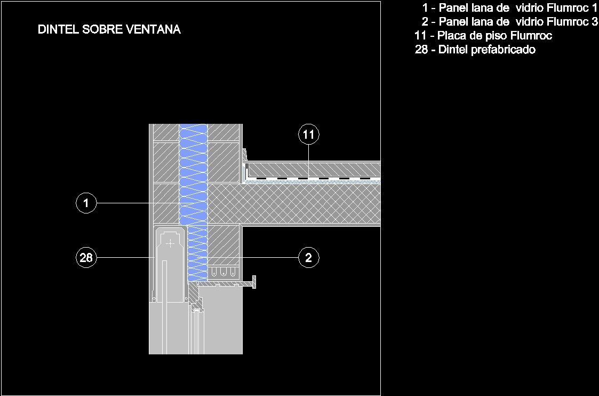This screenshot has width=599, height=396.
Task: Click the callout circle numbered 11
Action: click(x=309, y=134)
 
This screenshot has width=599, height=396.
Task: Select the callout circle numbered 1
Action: click(x=86, y=203)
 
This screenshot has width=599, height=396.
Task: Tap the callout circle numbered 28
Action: click(x=86, y=258)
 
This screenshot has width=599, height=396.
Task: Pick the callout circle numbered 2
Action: click(x=309, y=258)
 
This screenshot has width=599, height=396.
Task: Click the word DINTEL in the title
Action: click(x=58, y=30)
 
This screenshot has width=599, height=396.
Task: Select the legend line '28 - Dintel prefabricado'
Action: click(x=475, y=50)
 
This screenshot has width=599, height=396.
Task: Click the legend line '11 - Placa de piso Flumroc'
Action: click(x=483, y=36)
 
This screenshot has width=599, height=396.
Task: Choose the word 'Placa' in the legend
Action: click(x=452, y=36)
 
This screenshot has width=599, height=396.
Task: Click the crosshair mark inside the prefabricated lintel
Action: click(x=170, y=244)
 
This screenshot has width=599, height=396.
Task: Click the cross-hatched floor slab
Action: click(x=309, y=205)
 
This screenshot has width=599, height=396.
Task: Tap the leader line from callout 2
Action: click(x=269, y=258)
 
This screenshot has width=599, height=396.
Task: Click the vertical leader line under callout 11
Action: click(x=309, y=160)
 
